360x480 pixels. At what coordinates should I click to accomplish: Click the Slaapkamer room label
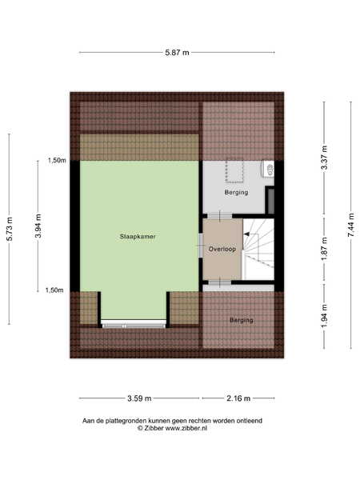[x=138, y=236]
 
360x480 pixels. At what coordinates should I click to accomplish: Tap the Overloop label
[x=222, y=249]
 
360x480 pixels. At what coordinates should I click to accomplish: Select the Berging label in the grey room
[x=236, y=192]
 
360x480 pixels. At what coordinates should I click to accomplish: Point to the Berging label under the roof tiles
[x=242, y=320]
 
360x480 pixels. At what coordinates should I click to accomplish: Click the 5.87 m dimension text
[x=177, y=52]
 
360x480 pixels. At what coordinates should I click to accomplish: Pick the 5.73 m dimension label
[x=10, y=229]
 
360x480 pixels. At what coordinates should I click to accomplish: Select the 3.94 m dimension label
[x=38, y=226]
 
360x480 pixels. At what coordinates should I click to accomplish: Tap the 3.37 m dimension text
[x=325, y=158]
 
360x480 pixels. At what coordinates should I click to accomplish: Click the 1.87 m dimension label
[x=325, y=249]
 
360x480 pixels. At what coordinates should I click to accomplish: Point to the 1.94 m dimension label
[x=325, y=316]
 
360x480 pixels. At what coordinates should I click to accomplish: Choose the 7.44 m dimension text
[x=351, y=225]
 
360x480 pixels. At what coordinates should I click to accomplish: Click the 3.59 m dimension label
[x=139, y=398]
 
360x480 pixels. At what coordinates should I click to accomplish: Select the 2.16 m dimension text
[x=238, y=398]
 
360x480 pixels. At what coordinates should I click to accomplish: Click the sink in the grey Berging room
[x=268, y=168]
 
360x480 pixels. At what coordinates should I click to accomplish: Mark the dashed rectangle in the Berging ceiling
[x=234, y=170]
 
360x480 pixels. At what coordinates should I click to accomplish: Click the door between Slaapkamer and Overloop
[x=201, y=245]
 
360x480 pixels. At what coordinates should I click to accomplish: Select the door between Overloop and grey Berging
[x=219, y=215]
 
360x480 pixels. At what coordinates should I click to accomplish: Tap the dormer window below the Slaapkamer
[x=134, y=324]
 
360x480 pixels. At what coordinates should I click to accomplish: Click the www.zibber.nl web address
[x=186, y=428]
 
